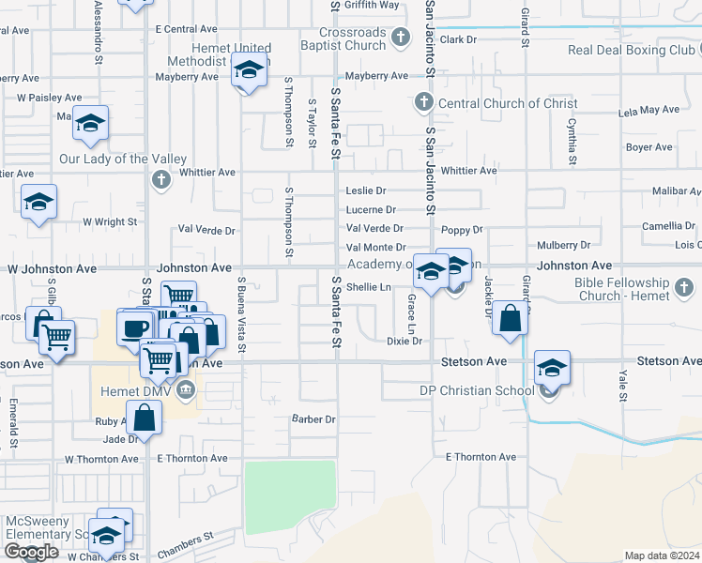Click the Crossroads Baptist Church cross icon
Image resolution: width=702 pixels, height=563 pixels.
tap(401, 38)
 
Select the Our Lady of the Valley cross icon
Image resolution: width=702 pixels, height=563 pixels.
tap(161, 178)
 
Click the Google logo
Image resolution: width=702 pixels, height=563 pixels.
tap(31, 552)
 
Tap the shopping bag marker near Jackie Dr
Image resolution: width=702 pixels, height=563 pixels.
tap(510, 318)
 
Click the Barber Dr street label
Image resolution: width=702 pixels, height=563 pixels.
tap(313, 418)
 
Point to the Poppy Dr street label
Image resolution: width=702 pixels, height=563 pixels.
tap(462, 229)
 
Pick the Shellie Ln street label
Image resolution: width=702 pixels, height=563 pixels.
tap(368, 287)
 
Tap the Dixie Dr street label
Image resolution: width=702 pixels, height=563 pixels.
tap(404, 342)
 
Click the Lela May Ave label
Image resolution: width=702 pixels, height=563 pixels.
tap(649, 110)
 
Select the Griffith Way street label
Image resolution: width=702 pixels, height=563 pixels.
tap(372, 5)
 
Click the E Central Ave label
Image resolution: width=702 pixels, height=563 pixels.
tap(187, 30)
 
